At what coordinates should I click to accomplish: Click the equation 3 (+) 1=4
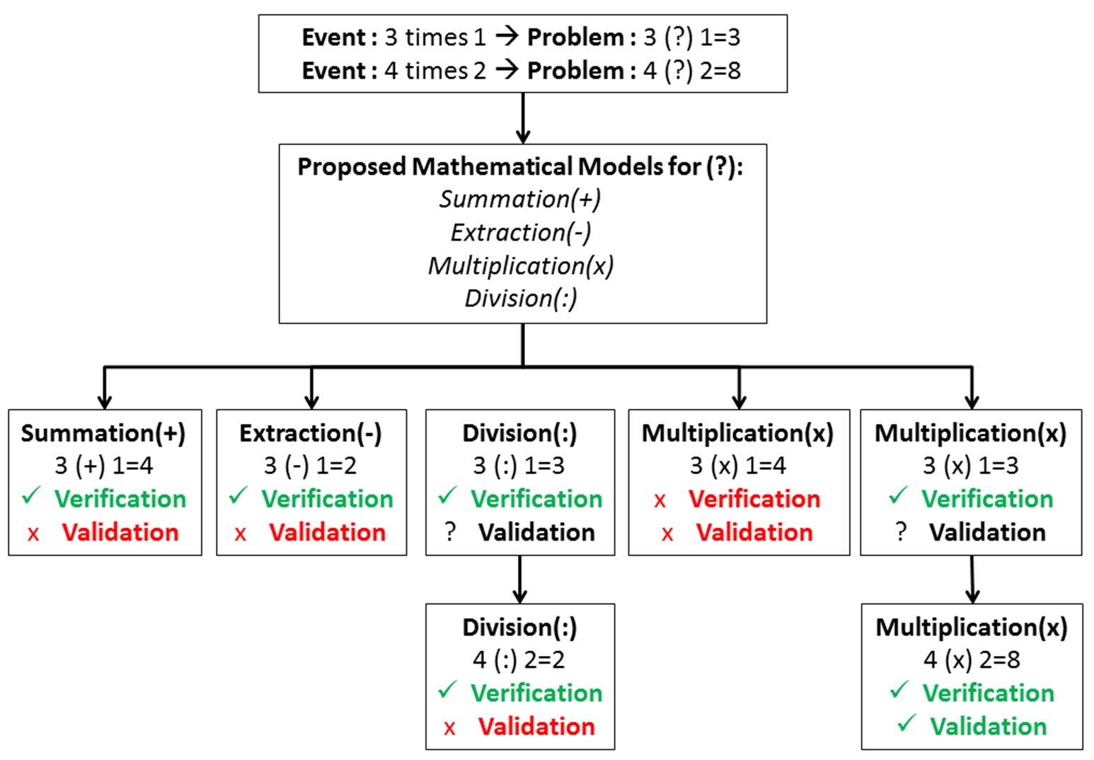pyautogui.click(x=104, y=466)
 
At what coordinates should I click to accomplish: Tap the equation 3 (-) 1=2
pyautogui.click(x=311, y=466)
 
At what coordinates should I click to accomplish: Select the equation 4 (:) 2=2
pyautogui.click(x=519, y=660)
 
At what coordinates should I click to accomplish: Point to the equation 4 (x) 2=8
pyautogui.click(x=972, y=660)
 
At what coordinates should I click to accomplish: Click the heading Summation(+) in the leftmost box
pyautogui.click(x=103, y=433)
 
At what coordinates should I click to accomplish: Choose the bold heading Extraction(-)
pyautogui.click(x=311, y=433)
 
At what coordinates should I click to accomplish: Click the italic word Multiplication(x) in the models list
pyautogui.click(x=521, y=265)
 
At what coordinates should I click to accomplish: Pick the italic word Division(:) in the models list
pyautogui.click(x=521, y=298)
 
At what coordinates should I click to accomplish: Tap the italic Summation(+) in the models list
pyautogui.click(x=520, y=199)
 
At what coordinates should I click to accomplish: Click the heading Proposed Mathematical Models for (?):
pyautogui.click(x=521, y=166)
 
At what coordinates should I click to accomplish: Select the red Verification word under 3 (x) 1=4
pyautogui.click(x=754, y=499)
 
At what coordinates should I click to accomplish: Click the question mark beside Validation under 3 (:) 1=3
pyautogui.click(x=451, y=531)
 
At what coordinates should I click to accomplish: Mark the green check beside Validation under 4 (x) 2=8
pyautogui.click(x=906, y=723)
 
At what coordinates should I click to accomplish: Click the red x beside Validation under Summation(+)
pyautogui.click(x=33, y=534)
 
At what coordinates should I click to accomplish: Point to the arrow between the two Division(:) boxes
pyautogui.click(x=520, y=579)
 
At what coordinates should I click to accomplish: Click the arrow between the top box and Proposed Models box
pyautogui.click(x=523, y=118)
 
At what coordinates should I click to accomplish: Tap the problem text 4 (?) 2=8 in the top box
pyautogui.click(x=691, y=71)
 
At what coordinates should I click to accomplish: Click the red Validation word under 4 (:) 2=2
pyautogui.click(x=536, y=726)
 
